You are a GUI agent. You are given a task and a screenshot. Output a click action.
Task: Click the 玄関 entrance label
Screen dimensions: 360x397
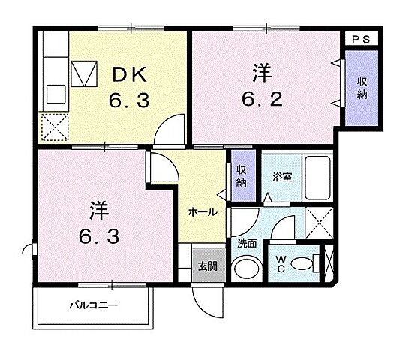pos(208,265)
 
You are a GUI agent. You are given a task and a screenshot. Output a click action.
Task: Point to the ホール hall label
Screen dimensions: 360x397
pos(203,212)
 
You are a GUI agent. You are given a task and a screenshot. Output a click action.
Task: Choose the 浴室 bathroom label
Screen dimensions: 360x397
pos(282,178)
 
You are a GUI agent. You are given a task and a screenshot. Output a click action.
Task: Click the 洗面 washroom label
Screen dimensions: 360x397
pos(248,243)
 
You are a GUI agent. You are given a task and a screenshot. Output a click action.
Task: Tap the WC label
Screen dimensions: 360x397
pos(280,263)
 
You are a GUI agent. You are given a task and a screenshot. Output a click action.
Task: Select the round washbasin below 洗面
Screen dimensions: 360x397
pos(245,267)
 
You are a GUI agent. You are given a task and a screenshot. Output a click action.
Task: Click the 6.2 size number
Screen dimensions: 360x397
pos(262,99)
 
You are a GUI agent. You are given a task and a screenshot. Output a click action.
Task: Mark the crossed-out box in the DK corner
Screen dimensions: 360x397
pos(53,126)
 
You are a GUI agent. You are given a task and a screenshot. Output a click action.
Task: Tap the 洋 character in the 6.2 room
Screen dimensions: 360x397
pos(261,73)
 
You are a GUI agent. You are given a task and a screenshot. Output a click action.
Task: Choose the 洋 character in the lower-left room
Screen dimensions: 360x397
pos(89,208)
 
